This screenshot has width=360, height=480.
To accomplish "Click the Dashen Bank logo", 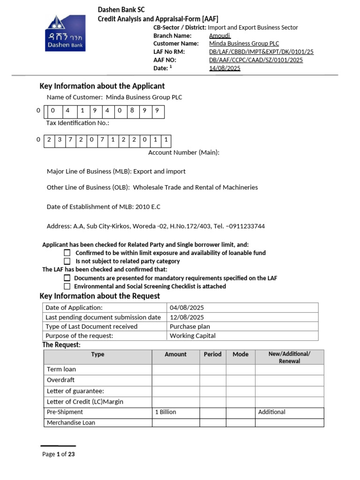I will coord(65,33).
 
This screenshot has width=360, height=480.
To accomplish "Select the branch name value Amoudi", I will coord(220,36).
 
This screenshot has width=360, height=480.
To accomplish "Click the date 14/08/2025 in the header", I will coord(225,68).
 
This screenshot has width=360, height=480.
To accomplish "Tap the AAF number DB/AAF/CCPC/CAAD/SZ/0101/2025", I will coord(256,60).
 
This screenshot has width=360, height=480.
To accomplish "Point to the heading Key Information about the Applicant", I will coord(102,86).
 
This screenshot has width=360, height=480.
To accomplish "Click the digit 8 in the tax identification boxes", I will coord(132,111).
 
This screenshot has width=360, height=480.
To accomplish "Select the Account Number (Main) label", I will coord(184,152).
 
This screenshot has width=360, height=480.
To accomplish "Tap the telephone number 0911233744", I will coord(246,226).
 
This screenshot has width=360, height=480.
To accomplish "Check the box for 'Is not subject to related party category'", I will coord(67,261).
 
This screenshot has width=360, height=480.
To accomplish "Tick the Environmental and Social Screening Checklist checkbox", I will coord(67,286).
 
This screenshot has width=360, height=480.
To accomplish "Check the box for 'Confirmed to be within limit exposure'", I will coord(67,253).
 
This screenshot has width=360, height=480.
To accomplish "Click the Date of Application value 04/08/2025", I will coord(187,308).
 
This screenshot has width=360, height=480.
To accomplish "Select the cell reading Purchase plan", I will coord(190,327).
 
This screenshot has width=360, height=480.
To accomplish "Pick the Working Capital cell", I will coord(193,336).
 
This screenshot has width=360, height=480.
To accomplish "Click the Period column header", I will coord(212,354).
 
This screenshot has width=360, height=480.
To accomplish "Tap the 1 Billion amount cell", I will coord(165,412).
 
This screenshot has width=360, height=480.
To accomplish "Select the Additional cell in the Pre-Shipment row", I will coord(272,412).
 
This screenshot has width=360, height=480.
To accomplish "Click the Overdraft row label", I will coord(61,380).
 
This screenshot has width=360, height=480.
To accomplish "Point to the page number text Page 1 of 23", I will coord(59,454).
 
